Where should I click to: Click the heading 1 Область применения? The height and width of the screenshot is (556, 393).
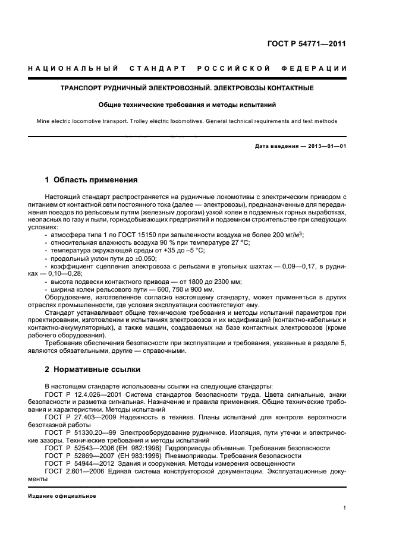[x=92, y=179]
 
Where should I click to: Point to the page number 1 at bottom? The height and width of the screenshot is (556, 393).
[x=345, y=508]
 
